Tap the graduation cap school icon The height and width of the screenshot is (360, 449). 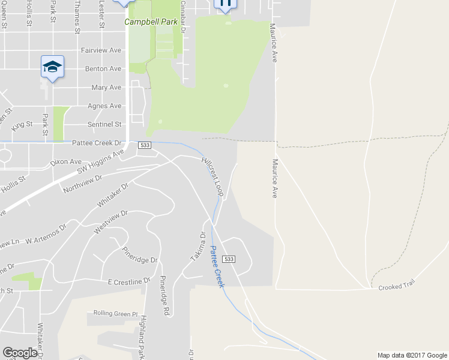pyautogui.click(x=52, y=67)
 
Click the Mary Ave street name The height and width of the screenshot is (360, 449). pyautogui.click(x=106, y=88)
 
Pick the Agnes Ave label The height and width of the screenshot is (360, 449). pyautogui.click(x=104, y=106)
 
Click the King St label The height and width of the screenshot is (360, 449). pyautogui.click(x=22, y=125)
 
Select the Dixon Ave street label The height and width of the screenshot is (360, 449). pyautogui.click(x=65, y=162)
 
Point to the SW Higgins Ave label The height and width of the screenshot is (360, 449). pyautogui.click(x=100, y=162)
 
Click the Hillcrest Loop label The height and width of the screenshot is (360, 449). pyautogui.click(x=212, y=177)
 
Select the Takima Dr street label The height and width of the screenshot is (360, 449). pyautogui.click(x=198, y=246)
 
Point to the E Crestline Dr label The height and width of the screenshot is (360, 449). pyautogui.click(x=129, y=281)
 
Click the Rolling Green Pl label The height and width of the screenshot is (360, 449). pyautogui.click(x=115, y=313)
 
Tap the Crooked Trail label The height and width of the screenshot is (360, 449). pyautogui.click(x=396, y=288)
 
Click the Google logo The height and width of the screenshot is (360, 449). pyautogui.click(x=20, y=353)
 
